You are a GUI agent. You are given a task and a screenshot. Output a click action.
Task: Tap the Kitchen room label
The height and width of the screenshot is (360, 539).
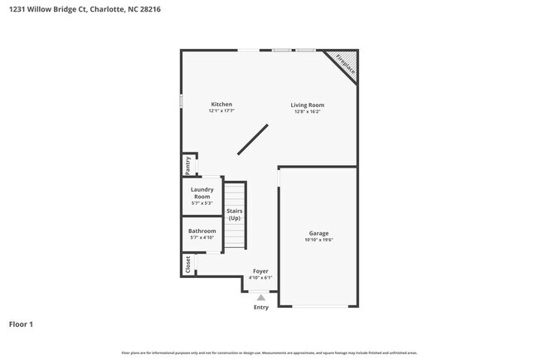221,105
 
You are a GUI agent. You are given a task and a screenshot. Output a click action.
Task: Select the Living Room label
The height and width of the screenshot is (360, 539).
307,105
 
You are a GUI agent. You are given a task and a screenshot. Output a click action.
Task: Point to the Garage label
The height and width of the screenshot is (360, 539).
319,233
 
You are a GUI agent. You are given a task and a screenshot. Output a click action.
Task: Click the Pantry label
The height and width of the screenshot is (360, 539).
188,165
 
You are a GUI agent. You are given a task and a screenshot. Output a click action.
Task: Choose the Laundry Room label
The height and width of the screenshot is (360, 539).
202,193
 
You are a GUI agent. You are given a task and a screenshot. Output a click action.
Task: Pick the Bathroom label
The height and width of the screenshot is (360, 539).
202,231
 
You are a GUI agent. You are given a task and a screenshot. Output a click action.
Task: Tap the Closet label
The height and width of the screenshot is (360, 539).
188,265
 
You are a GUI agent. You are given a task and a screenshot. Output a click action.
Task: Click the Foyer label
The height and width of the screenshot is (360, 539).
260,271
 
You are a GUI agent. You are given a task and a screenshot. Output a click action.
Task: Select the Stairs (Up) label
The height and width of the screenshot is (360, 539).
235,215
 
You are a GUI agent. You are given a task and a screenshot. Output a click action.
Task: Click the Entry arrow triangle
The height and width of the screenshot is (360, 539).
261,297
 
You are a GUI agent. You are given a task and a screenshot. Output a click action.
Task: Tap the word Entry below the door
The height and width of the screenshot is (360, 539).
261,308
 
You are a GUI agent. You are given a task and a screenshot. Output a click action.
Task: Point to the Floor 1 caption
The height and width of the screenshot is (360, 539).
21,324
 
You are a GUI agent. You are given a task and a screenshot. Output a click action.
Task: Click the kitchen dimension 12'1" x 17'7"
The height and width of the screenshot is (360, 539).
221,111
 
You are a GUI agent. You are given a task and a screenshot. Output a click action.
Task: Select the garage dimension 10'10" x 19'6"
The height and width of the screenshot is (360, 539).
319,241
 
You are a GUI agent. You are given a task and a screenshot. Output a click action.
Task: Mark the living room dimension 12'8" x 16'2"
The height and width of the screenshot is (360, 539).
307,112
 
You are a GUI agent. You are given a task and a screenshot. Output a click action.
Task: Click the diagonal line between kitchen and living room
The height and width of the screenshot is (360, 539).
253,139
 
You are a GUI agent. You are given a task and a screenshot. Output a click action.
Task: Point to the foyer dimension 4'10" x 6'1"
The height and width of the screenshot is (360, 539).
260,278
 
